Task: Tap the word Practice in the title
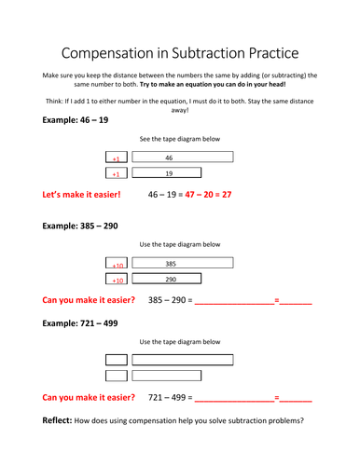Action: pyautogui.click(x=274, y=53)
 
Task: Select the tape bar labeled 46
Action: pyautogui.click(x=183, y=157)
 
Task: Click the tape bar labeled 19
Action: pyautogui.click(x=167, y=172)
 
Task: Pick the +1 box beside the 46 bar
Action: pyautogui.click(x=117, y=157)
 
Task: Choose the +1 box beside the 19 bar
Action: pyautogui.click(x=117, y=172)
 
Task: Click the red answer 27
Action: pyautogui.click(x=227, y=195)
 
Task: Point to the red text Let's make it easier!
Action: pyautogui.click(x=81, y=195)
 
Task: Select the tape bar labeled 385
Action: pyautogui.click(x=183, y=263)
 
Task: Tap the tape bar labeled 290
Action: pyautogui.click(x=167, y=279)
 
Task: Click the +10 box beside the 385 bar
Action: pyautogui.click(x=117, y=263)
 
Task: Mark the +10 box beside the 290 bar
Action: pyautogui.click(x=117, y=279)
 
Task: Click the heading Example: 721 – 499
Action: pyautogui.click(x=80, y=323)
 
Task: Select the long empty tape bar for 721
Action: pyautogui.click(x=183, y=360)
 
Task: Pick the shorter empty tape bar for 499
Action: pyautogui.click(x=167, y=376)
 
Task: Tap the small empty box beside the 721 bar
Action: pyautogui.click(x=117, y=360)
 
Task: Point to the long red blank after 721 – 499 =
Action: pyautogui.click(x=235, y=402)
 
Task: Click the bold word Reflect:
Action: pyautogui.click(x=57, y=420)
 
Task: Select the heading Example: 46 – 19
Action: pyautogui.click(x=76, y=120)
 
